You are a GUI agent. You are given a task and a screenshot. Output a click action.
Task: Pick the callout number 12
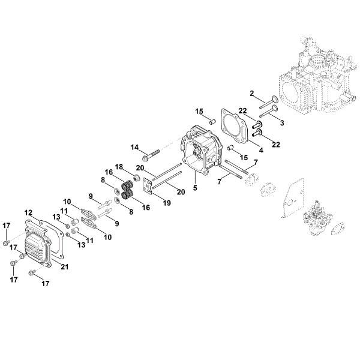28,212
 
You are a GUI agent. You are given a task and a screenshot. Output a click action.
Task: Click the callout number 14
135,147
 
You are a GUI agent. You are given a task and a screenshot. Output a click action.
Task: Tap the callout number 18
119,166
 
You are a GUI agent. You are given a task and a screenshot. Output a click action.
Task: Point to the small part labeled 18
137,179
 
